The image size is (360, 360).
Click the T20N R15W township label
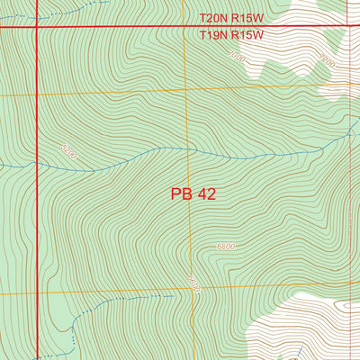[230, 18]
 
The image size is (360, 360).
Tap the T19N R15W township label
[230, 36]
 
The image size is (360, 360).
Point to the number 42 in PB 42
[206, 193]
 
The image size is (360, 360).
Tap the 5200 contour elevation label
[68, 156]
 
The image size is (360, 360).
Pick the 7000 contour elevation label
[237, 57]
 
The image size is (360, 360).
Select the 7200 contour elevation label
[327, 62]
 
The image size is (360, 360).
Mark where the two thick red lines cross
[36, 28]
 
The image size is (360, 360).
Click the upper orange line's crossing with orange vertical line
[187, 91]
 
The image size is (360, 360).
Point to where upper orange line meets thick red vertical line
[36, 94]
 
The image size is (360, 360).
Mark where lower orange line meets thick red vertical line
[36, 293]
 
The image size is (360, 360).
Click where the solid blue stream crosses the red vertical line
[36, 166]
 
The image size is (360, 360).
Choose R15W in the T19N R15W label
[247, 36]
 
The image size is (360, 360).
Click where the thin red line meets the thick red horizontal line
[348, 28]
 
